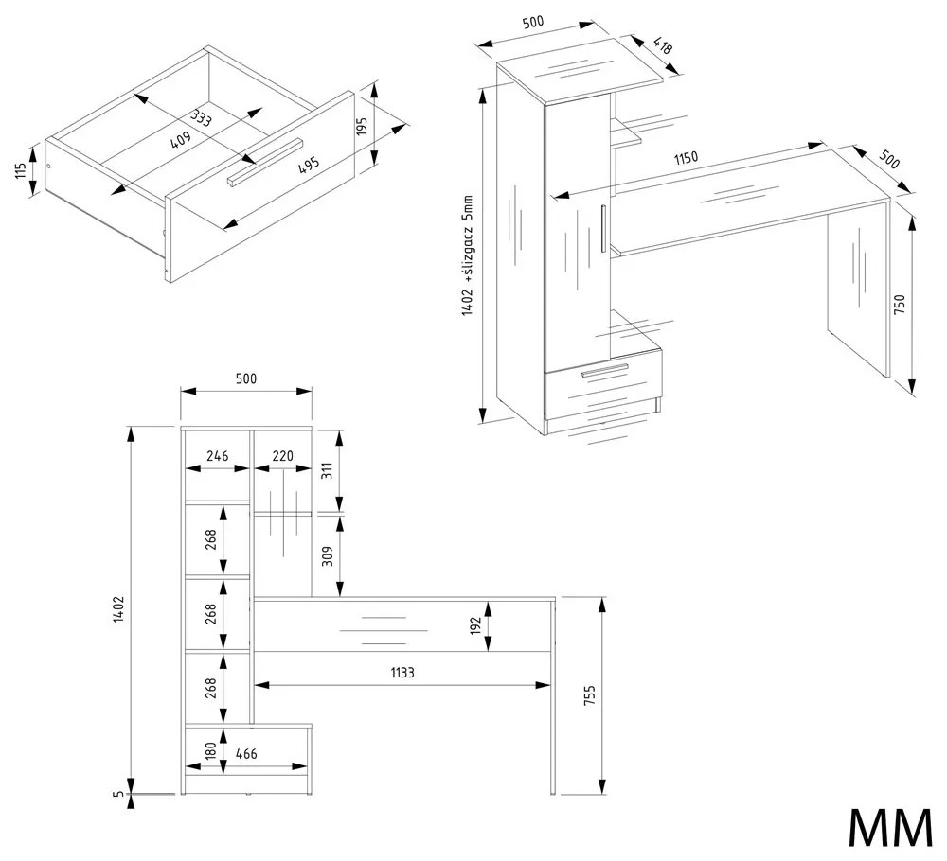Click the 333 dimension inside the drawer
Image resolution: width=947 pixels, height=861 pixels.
point(200,118)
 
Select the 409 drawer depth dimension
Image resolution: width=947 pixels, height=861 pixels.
point(181,139)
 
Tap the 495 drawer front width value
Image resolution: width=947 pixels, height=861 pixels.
point(308,165)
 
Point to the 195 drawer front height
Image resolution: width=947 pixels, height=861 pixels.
point(361,127)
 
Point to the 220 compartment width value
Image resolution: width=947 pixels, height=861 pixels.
point(282,455)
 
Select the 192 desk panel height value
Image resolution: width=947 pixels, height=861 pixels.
point(476,624)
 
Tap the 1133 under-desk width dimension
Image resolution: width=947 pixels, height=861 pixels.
point(402,672)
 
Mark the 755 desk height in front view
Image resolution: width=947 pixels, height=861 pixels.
point(589,696)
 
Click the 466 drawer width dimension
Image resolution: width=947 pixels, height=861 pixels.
point(245,753)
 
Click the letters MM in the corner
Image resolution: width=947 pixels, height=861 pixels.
point(889,829)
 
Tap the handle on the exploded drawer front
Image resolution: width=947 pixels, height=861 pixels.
point(264,162)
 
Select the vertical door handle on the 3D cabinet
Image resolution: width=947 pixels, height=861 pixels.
point(603,228)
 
